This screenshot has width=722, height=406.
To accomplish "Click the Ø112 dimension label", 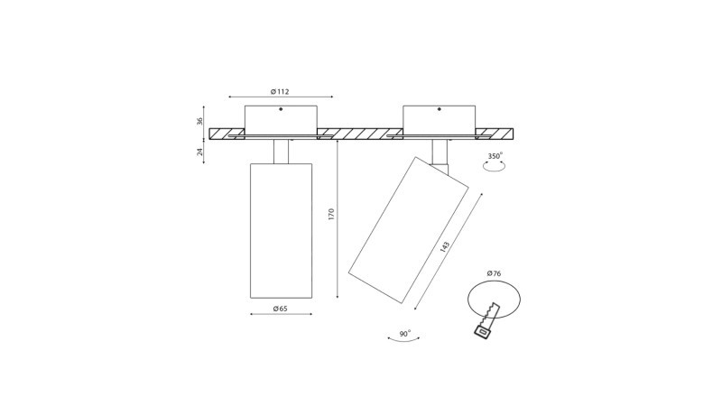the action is point(280,92).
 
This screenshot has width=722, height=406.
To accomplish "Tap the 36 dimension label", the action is point(199,122).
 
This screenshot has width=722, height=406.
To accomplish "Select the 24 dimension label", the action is point(199,152).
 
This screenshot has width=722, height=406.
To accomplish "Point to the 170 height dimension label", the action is point(331,214).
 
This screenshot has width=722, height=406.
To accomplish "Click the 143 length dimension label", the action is point(444,246).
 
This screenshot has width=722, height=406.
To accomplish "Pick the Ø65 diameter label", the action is point(280,309).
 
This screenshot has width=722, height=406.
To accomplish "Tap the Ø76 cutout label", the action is point(494,273).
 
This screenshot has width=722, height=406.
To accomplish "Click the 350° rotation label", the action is point(495,156).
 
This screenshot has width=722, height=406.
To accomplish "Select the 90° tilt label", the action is point(405,334).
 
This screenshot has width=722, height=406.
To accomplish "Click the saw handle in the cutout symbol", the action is point(483,330).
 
